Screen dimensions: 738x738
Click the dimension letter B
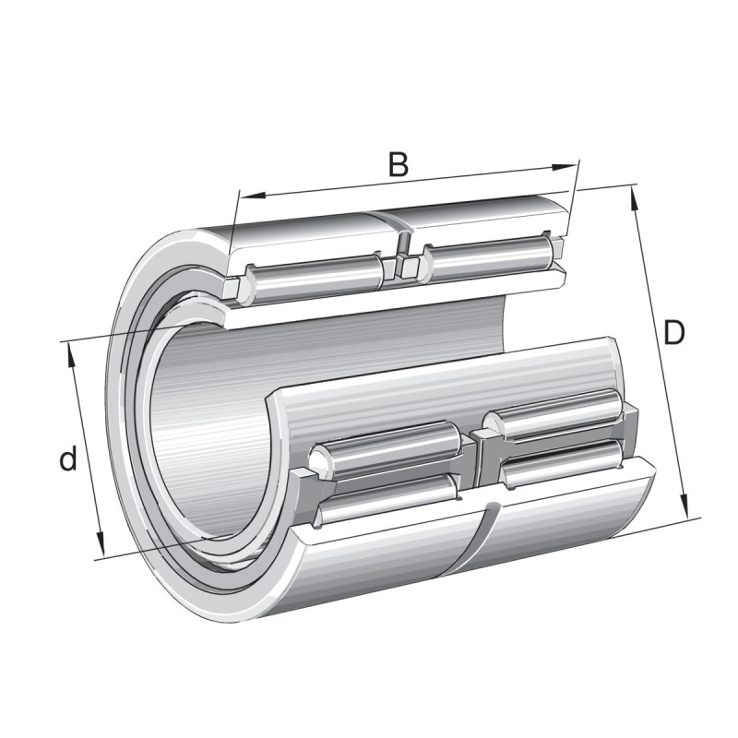[x=398, y=164]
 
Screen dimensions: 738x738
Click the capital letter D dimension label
[x=674, y=333]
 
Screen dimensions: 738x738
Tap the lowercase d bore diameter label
[x=67, y=459]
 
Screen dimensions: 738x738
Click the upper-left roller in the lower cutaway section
[x=387, y=446]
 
